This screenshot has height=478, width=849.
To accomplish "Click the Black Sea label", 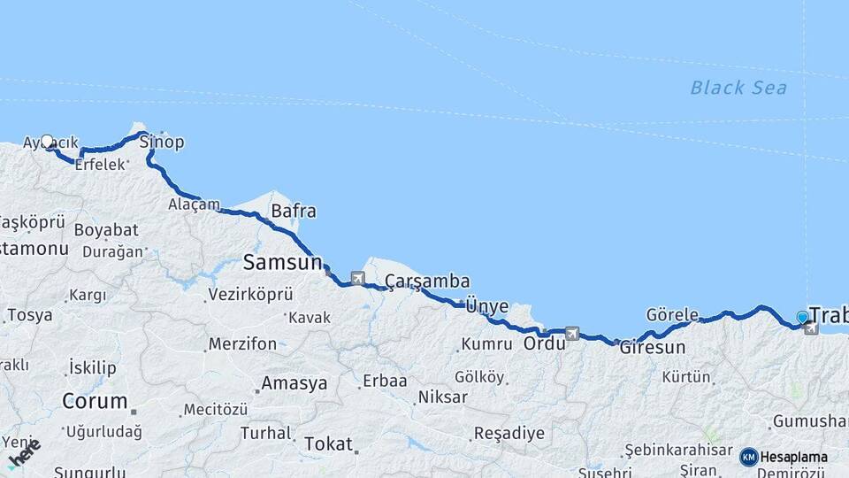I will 738,88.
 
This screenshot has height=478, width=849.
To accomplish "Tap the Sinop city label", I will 162,142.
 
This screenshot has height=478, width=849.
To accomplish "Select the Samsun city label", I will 282,262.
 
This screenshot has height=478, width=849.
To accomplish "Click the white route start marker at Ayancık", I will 47,141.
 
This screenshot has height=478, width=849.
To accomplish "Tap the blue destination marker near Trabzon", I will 802,317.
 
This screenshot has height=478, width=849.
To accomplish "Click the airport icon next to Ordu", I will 572,334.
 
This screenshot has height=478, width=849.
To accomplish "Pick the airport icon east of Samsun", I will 357,278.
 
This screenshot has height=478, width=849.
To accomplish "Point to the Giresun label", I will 653,347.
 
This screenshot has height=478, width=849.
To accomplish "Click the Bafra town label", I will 294,212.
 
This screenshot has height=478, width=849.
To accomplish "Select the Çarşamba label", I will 427,281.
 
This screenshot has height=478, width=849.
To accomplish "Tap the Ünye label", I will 487,306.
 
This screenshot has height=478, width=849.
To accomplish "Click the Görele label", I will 672,315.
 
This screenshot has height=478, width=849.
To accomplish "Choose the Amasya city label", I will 294,383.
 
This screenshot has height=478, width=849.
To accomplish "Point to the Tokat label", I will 328,443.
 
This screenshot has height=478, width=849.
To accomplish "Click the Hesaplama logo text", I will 793,458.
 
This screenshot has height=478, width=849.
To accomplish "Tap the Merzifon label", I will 242,343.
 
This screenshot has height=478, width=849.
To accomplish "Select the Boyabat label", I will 106,229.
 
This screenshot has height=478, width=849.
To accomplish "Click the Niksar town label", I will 442,397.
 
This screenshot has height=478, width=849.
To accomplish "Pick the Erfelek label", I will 100,165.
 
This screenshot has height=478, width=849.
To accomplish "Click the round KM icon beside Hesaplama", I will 748,458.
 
